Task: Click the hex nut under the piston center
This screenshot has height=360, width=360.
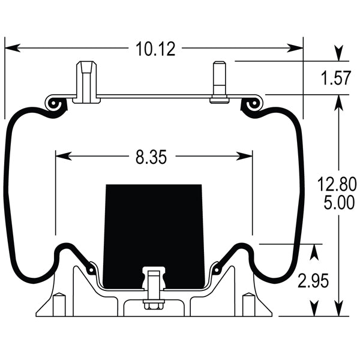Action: pos(154,305)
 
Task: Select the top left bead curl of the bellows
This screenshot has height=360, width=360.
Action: pos(55,104)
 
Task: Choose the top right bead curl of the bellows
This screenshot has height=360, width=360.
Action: pos(251,104)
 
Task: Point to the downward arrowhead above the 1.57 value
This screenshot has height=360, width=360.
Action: pos(340,55)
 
